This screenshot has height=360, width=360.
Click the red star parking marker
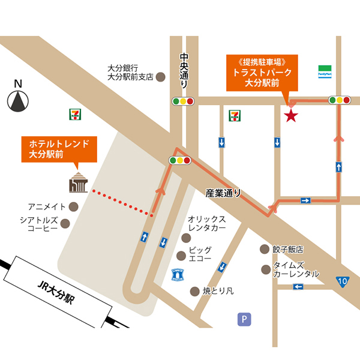[x=291, y=115]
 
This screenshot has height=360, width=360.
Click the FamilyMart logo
[x=325, y=71]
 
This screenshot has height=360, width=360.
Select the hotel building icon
[x=78, y=181]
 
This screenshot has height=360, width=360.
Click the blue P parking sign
[x=243, y=319]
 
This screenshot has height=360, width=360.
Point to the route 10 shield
[x=341, y=280]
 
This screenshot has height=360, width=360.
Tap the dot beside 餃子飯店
[x=263, y=248]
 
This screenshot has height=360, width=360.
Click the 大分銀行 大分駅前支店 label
[x=130, y=72]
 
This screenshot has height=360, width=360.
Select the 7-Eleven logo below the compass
[x=73, y=113]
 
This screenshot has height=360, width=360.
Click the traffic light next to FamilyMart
[x=340, y=100]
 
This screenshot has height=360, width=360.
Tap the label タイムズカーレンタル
[x=296, y=269]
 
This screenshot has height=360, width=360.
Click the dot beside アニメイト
[x=74, y=206]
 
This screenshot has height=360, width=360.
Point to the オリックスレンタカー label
[x=206, y=224]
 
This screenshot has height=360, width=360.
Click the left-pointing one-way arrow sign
[x=298, y=287]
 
